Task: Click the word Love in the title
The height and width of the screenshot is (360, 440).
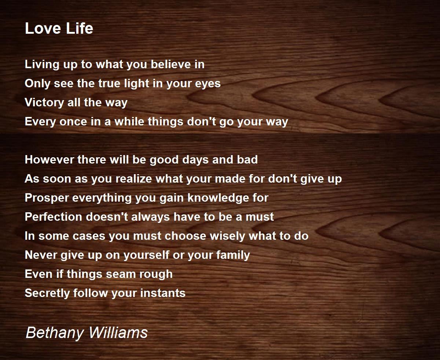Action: tap(43, 28)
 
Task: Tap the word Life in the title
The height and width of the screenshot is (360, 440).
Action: tap(80, 28)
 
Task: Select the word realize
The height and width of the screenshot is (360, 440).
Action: tap(133, 179)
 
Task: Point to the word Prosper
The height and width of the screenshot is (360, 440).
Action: tap(47, 198)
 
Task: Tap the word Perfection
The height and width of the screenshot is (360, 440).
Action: tap(54, 217)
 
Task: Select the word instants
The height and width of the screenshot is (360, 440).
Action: tap(163, 293)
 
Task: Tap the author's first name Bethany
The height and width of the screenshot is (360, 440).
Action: tap(55, 333)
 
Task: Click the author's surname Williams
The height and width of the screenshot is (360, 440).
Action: tap(118, 332)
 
